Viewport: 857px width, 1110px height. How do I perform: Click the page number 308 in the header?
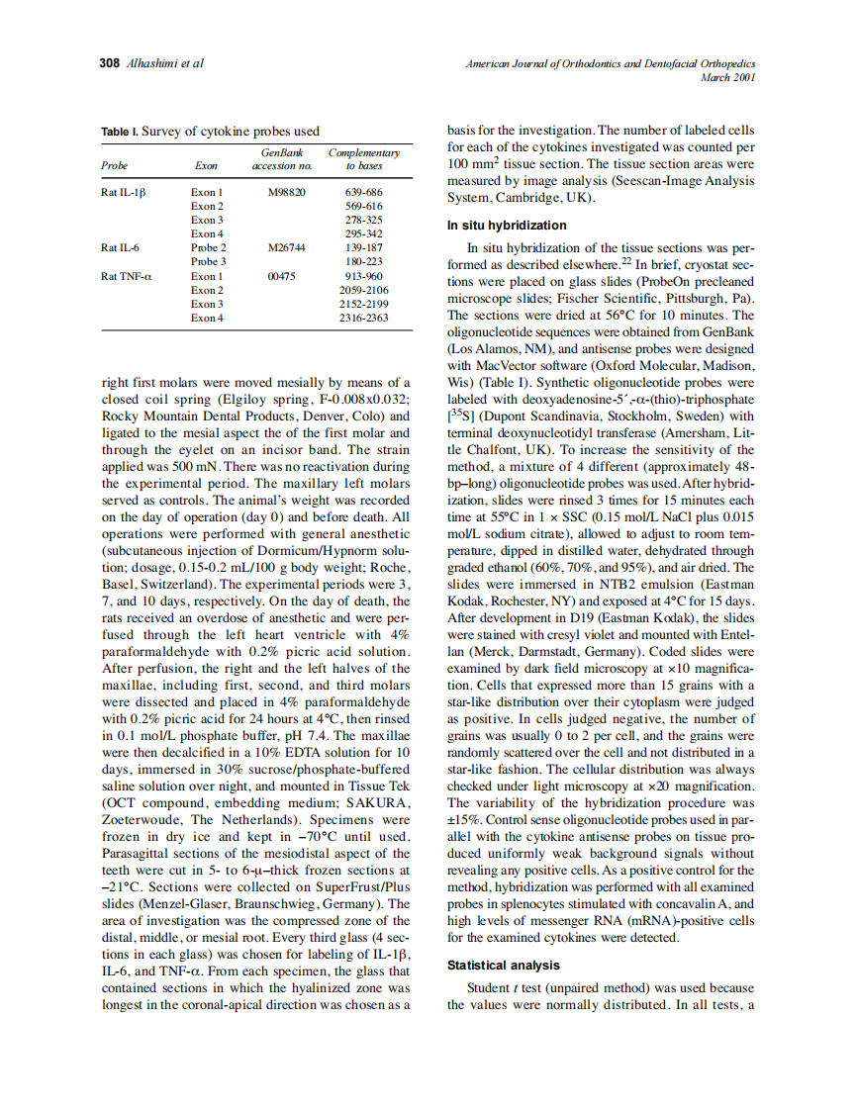tap(110, 63)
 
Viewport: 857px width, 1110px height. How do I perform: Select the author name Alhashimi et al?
tap(165, 63)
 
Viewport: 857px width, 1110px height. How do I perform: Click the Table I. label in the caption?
tap(120, 132)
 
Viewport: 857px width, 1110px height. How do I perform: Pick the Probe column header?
tap(115, 166)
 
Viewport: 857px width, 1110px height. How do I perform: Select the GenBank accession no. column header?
tap(281, 159)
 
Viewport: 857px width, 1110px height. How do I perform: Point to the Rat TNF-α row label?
tap(127, 276)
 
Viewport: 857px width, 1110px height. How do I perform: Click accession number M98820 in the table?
tap(287, 192)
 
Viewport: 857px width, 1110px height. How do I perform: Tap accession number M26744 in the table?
tap(287, 247)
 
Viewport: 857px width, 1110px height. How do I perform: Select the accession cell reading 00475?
tap(282, 276)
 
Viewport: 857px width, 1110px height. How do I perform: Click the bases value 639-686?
tap(363, 192)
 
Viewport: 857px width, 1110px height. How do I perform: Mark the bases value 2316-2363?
tap(363, 318)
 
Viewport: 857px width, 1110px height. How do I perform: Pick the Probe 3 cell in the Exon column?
tap(209, 261)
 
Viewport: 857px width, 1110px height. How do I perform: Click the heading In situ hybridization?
tap(507, 226)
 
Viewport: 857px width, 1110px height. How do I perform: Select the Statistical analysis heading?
tap(503, 965)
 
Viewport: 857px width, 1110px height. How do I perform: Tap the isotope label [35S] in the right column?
tap(463, 416)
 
